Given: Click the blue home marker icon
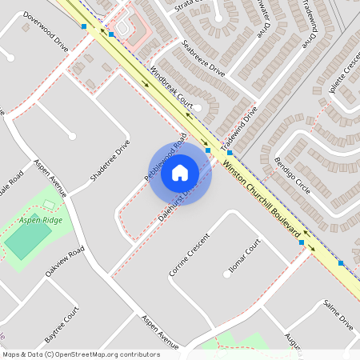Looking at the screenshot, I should tap(180, 172).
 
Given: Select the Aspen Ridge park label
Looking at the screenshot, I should tap(41, 219).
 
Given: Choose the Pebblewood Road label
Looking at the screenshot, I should tap(165, 156).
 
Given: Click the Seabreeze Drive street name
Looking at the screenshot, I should tap(203, 57).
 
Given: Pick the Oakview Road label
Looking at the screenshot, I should tap(65, 262).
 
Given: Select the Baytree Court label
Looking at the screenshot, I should tap(63, 320).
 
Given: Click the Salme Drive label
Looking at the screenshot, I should tap(338, 315).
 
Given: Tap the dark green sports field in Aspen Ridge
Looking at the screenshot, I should tap(28, 239).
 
